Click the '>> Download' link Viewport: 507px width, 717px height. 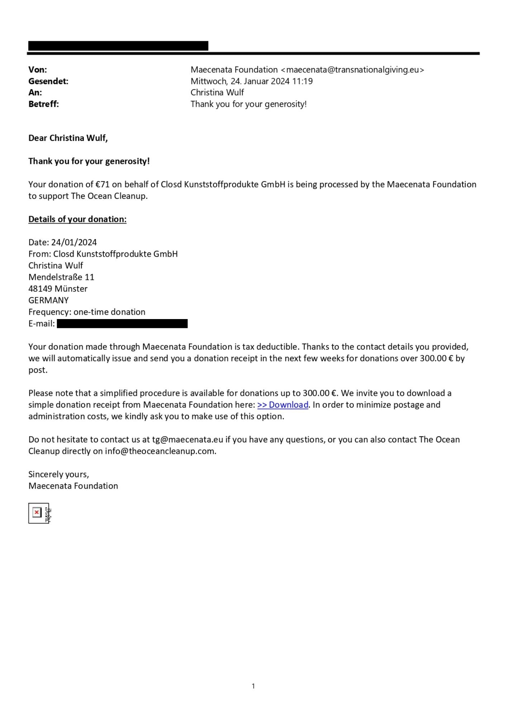283,405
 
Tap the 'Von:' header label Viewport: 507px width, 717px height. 38,70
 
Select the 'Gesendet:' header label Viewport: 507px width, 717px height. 48,81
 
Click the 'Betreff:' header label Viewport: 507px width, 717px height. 43,104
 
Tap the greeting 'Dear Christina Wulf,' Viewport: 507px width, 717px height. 68,138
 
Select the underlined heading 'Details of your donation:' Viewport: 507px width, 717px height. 77,219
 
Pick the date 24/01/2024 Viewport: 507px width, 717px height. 74,242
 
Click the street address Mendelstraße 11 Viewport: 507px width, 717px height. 61,277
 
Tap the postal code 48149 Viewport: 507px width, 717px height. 40,289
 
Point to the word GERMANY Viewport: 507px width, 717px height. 48,300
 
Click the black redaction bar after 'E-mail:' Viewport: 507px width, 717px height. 122,324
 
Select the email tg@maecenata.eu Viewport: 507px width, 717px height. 188,440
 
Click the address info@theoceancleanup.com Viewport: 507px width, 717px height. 160,451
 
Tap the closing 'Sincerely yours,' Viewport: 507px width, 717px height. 59,474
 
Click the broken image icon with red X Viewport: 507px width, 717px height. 37,513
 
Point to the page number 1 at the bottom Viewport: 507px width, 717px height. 253,686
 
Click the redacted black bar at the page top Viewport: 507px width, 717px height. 118,46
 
